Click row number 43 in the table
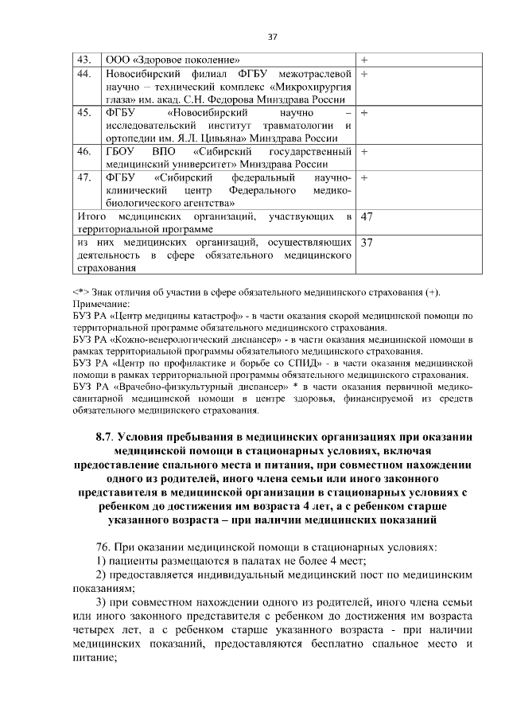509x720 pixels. tap(84, 60)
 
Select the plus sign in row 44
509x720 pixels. tap(364, 74)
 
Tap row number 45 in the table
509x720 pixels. tap(84, 113)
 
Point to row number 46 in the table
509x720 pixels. tap(84, 151)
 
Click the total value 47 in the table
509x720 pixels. tap(368, 216)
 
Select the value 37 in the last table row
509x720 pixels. tap(368, 242)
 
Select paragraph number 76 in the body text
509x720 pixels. tap(103, 548)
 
